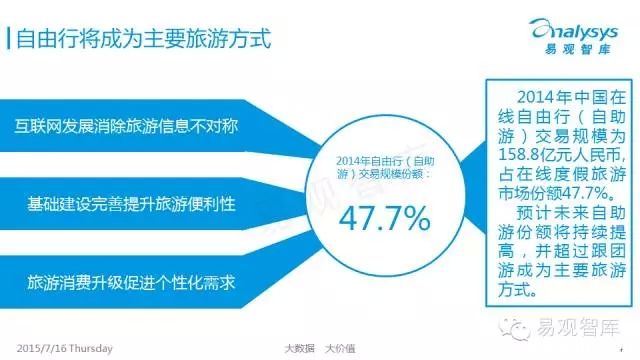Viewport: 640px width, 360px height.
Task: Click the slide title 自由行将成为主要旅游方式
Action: [x=144, y=39]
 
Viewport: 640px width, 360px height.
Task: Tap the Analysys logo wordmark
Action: [x=573, y=30]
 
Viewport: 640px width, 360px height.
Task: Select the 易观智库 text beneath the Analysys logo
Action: [x=578, y=49]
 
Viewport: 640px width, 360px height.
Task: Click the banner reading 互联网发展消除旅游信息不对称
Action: [x=126, y=126]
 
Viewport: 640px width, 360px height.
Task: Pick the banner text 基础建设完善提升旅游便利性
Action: [x=131, y=204]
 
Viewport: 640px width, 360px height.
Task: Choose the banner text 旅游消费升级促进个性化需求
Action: [x=131, y=282]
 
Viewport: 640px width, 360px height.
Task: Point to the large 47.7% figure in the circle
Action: [x=384, y=218]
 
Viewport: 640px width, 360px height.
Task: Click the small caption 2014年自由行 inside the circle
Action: [x=373, y=161]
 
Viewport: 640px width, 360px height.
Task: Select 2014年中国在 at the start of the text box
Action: [x=571, y=98]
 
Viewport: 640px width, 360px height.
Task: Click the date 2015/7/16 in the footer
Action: [x=42, y=349]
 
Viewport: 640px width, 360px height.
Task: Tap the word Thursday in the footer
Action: [x=91, y=349]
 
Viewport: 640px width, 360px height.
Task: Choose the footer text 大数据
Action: [x=300, y=349]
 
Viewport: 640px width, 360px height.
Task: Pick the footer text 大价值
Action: [x=340, y=349]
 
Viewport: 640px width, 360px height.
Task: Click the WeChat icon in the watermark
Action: [x=514, y=328]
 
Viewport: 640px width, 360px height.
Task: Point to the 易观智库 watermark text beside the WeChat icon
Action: [x=578, y=327]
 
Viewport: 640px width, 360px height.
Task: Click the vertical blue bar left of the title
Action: [x=9, y=39]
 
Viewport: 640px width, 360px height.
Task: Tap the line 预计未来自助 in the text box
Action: [x=571, y=213]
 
